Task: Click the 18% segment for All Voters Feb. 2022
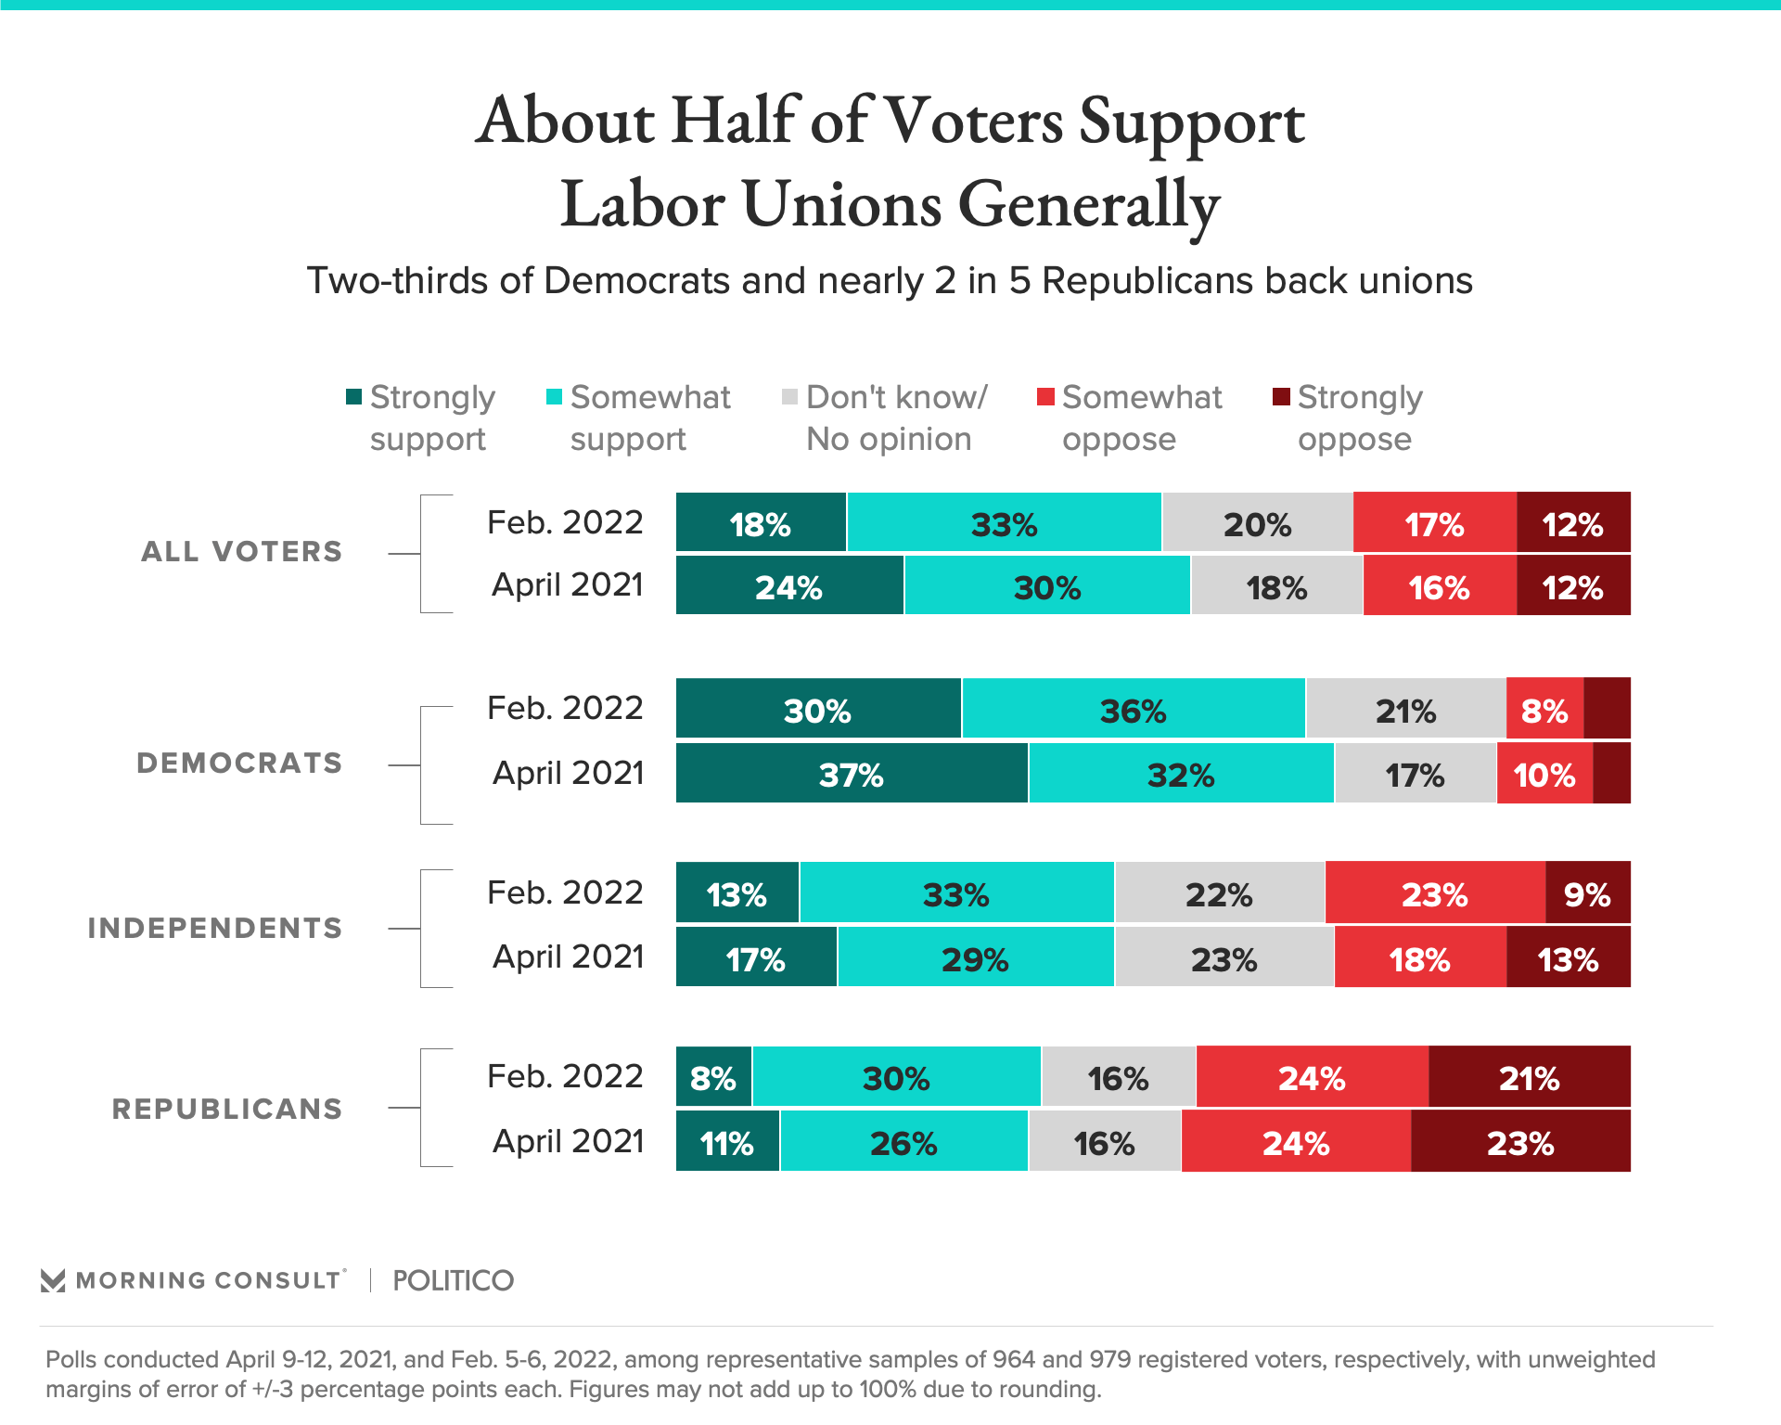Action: point(761,522)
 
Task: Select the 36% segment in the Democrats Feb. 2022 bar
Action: point(1133,709)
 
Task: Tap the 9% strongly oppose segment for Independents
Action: point(1587,892)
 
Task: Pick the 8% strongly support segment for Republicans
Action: point(713,1076)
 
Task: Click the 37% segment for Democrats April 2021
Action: point(852,773)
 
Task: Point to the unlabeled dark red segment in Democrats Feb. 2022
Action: point(1607,709)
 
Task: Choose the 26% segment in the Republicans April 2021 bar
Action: point(903,1141)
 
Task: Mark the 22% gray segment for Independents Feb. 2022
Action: point(1219,892)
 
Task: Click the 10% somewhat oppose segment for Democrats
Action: point(1544,773)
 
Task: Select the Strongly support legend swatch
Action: point(353,397)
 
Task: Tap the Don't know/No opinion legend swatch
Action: point(789,397)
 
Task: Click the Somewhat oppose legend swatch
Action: point(1045,397)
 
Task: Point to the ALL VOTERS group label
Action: point(241,552)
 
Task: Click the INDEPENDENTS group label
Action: point(215,928)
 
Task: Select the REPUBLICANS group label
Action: point(227,1109)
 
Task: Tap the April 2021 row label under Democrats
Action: point(568,773)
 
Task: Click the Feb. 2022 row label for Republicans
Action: point(565,1076)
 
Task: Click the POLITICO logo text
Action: point(453,1280)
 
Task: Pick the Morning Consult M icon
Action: point(53,1280)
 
